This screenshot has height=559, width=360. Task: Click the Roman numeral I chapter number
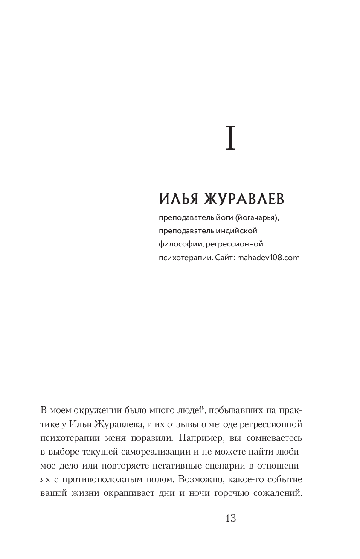click(230, 139)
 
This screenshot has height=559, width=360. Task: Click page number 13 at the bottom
click(230, 518)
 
